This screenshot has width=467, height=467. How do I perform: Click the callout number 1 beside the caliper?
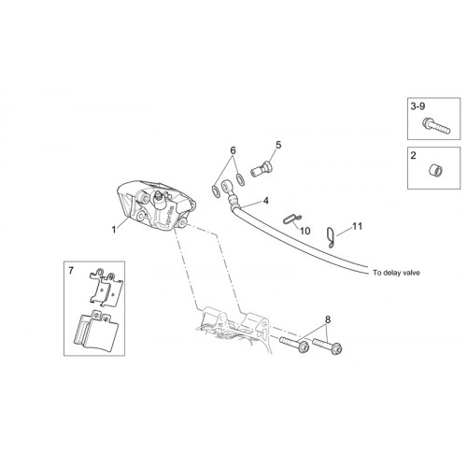tap(114, 230)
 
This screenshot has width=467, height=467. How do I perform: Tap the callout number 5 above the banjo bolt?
tap(278, 145)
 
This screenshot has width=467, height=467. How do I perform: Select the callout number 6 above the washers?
tap(233, 150)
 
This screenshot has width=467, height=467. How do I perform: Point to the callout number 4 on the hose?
tap(265, 201)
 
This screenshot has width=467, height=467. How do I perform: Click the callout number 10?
tap(305, 231)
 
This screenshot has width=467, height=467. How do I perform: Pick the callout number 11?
tap(358, 226)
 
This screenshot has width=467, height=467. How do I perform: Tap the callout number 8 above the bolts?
tap(328, 319)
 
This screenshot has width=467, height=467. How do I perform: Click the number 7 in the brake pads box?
tap(71, 271)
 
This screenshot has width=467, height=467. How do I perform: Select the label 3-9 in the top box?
tap(417, 106)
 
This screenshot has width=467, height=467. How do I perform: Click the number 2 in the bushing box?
tap(413, 155)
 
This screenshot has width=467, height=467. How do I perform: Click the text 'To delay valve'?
tap(396, 273)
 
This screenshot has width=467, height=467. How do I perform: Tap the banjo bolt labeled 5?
tap(262, 168)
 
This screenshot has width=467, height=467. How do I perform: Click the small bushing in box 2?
tap(434, 170)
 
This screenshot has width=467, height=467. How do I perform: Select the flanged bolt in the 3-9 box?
tap(436, 126)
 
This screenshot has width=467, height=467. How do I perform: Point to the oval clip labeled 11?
tap(331, 237)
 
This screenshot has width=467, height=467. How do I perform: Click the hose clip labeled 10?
tap(292, 219)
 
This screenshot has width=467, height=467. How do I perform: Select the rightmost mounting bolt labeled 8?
tap(327, 346)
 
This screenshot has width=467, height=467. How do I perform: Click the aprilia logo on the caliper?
tap(170, 216)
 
